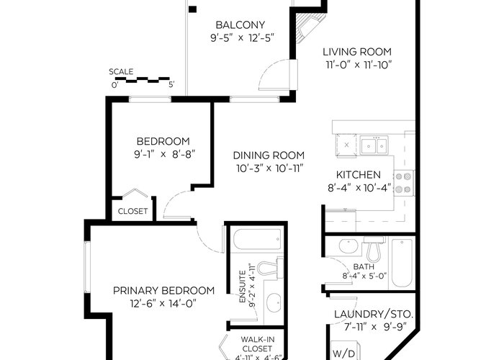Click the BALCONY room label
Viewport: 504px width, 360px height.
click(x=240, y=24)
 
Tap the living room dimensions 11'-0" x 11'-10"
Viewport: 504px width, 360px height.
click(x=359, y=65)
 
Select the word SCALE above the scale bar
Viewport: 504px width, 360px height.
click(x=121, y=72)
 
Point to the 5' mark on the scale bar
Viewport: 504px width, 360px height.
click(x=171, y=85)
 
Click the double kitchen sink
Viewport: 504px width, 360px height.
click(x=374, y=145)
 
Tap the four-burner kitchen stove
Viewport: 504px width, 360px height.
click(x=404, y=183)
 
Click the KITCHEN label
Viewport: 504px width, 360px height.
click(x=359, y=175)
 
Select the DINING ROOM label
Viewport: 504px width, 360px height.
click(x=269, y=156)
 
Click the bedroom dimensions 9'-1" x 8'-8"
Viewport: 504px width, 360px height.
click(x=165, y=155)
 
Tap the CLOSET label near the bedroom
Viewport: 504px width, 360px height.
click(x=132, y=211)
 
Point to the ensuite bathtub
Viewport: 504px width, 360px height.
click(x=257, y=239)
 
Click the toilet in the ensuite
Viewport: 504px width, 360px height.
click(x=270, y=268)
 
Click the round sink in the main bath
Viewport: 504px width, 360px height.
click(x=348, y=246)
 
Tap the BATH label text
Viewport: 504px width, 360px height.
click(x=364, y=267)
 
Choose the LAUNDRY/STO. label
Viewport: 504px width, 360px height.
click(x=374, y=314)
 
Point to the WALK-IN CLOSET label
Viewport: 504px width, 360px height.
click(x=257, y=344)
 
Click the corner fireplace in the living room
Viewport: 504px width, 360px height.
click(x=308, y=27)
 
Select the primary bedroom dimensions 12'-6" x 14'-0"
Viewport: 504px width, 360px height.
click(x=163, y=303)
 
